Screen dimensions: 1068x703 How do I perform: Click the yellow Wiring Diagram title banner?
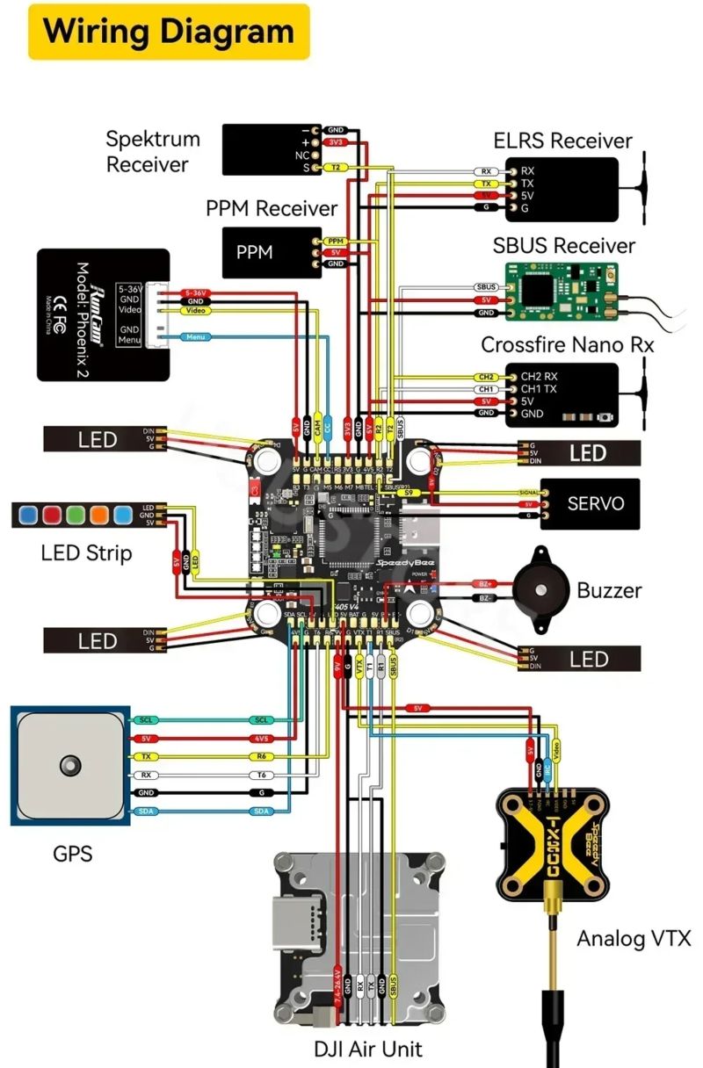point(169,32)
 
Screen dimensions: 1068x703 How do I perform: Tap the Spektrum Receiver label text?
point(153,151)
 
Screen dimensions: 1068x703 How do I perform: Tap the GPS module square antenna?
point(70,765)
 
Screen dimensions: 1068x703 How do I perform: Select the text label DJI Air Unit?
point(367,1048)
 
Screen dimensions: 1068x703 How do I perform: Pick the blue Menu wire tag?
point(194,336)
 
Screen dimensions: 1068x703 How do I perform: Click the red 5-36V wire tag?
point(195,292)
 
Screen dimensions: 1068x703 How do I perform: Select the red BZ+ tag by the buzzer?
point(484,583)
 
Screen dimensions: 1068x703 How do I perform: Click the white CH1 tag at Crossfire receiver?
point(486,389)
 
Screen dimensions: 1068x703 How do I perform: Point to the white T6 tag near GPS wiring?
point(261,775)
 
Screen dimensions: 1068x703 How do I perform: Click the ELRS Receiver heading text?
point(562,141)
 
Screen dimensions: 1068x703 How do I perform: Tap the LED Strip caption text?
point(86,553)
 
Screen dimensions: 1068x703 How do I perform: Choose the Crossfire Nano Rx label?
point(568,344)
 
